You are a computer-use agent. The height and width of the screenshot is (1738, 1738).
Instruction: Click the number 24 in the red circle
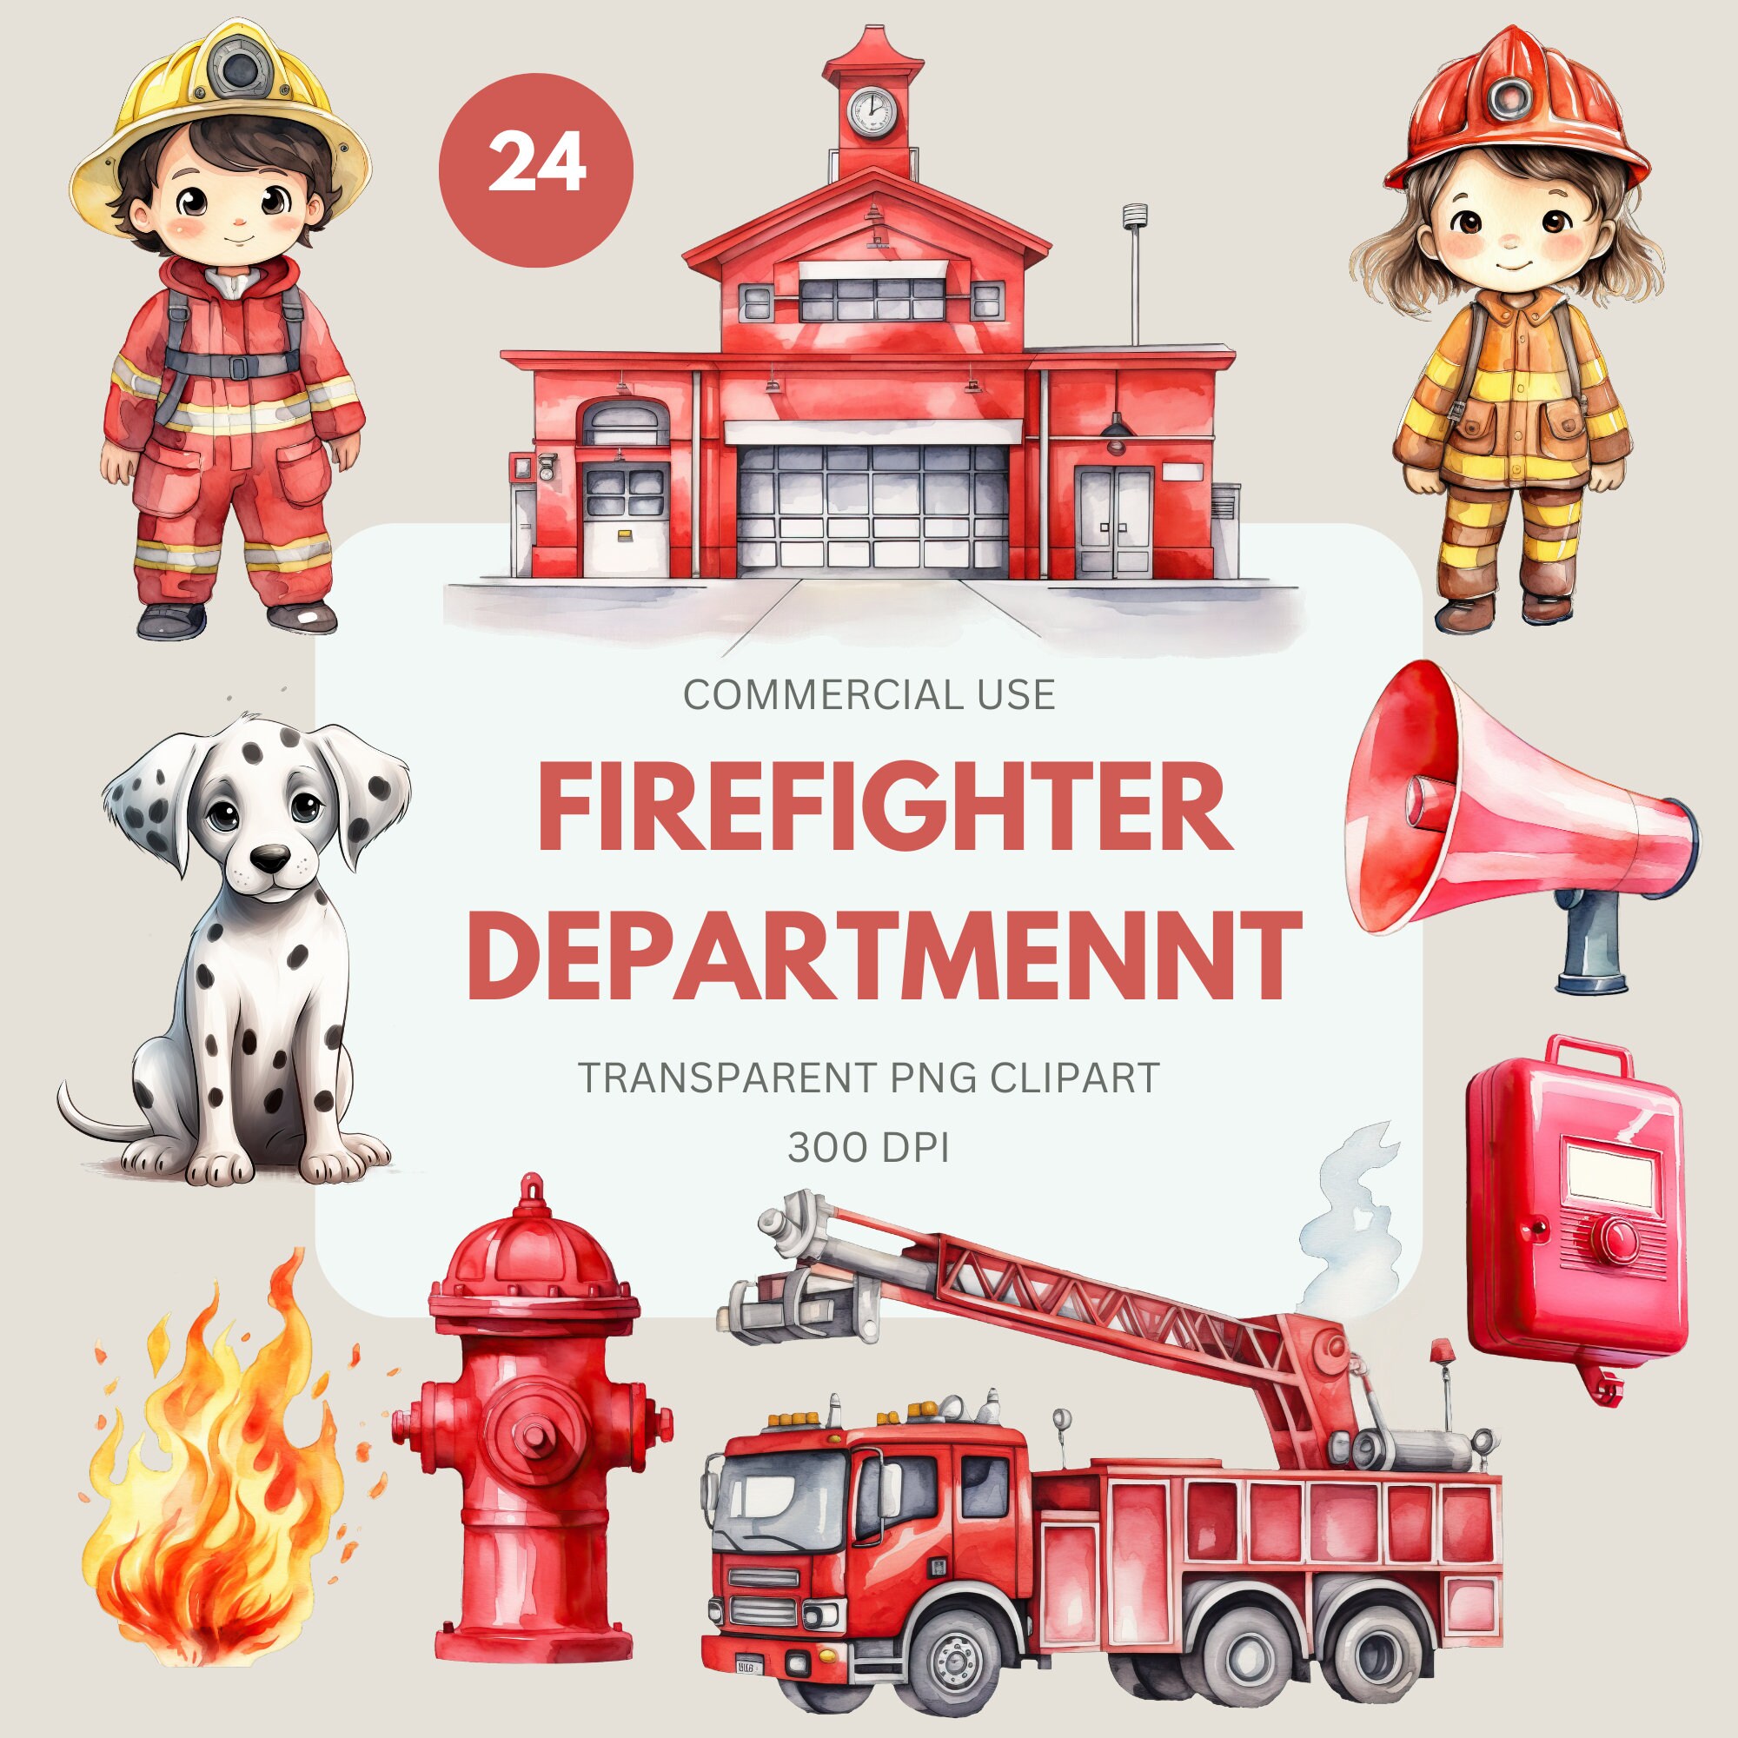[x=536, y=163]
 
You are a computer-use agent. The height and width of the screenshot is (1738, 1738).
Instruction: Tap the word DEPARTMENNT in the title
[x=886, y=955]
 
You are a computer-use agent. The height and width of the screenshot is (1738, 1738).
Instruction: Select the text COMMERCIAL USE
[x=869, y=695]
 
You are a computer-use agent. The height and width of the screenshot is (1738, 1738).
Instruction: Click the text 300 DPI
[x=869, y=1148]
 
